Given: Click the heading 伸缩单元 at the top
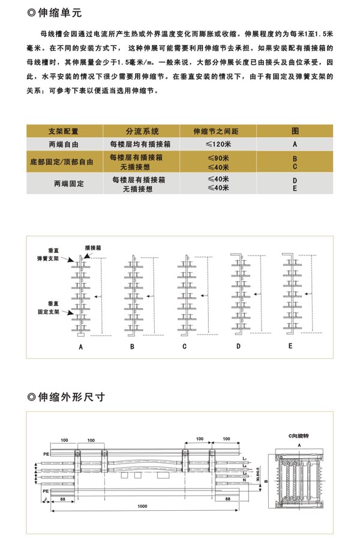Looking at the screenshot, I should pyautogui.click(x=61, y=11).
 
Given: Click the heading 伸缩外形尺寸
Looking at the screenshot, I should pyautogui.click(x=71, y=396).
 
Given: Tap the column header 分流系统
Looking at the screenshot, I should pyautogui.click(x=142, y=131).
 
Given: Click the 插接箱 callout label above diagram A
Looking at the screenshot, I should pyautogui.click(x=93, y=246).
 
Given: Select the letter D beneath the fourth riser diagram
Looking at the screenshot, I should pyautogui.click(x=238, y=347).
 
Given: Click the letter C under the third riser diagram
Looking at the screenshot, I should pyautogui.click(x=185, y=347).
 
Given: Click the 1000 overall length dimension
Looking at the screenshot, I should pyautogui.click(x=142, y=507).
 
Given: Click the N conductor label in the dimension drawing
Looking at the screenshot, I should pyautogui.click(x=244, y=480).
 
